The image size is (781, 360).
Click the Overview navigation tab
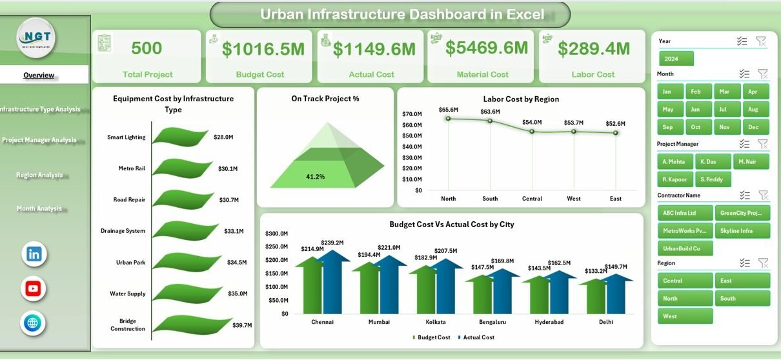click(39, 75)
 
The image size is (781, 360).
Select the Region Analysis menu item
click(39, 175)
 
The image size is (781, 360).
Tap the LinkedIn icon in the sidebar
click(34, 254)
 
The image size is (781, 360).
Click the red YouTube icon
click(33, 288)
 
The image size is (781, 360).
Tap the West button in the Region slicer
click(685, 316)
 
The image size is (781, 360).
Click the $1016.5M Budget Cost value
click(260, 49)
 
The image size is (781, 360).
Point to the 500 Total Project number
click(147, 48)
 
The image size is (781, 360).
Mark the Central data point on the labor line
click(532, 131)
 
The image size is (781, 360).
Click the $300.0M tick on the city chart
click(277, 234)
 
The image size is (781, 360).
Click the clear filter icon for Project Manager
click(762, 144)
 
